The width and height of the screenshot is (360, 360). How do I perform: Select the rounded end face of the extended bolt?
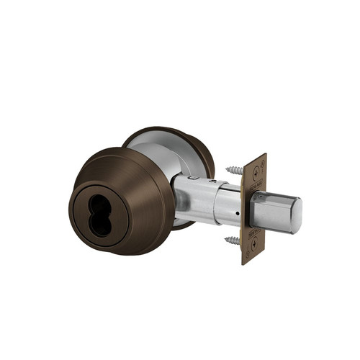(293, 214)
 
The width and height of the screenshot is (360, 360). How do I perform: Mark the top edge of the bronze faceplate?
(256, 156)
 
